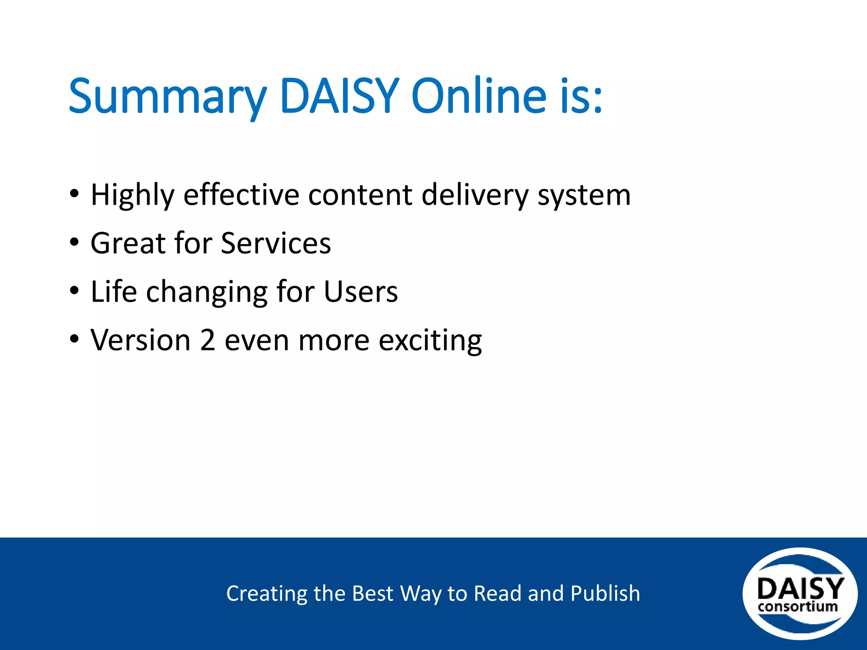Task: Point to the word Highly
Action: coord(133,196)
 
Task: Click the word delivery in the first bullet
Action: coord(475,196)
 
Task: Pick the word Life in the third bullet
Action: coord(114,292)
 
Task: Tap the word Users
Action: coord(361,292)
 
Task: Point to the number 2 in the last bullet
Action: coord(207,340)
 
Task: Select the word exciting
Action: coord(430,341)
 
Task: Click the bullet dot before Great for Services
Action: coord(75,243)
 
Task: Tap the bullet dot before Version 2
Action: coord(75,339)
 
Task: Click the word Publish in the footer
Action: coord(605,593)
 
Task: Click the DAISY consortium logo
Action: coord(800,594)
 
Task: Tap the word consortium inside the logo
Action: coord(798,607)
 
